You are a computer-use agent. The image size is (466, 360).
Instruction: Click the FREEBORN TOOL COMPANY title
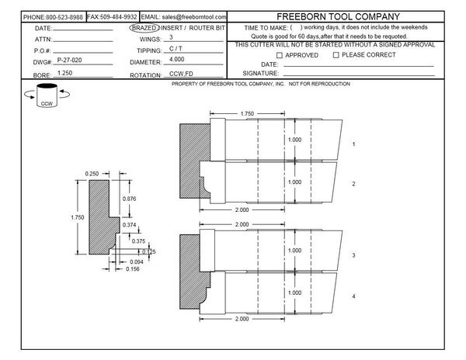(x=338, y=16)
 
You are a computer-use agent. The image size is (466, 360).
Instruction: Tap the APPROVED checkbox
(x=280, y=55)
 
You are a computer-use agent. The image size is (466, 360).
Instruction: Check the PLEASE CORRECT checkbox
(x=336, y=55)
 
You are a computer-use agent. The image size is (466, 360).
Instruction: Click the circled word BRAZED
(x=144, y=28)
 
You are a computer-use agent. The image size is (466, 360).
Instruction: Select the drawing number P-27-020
(x=69, y=60)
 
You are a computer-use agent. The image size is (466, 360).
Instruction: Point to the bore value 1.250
(x=64, y=73)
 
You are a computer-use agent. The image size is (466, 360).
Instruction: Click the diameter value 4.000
(x=177, y=60)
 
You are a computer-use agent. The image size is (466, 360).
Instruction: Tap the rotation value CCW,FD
(x=181, y=74)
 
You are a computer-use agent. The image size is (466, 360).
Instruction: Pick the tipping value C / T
(x=176, y=48)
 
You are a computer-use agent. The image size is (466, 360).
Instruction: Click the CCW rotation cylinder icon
(x=47, y=95)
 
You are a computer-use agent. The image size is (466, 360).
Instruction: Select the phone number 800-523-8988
(x=64, y=17)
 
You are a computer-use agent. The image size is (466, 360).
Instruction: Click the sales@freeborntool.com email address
(x=194, y=17)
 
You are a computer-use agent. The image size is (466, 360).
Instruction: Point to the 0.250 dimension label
(x=92, y=174)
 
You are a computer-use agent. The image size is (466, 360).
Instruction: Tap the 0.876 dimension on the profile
(x=129, y=199)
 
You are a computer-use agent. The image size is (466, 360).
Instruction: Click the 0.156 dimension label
(x=133, y=269)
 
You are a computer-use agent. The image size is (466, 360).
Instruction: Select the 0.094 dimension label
(x=137, y=261)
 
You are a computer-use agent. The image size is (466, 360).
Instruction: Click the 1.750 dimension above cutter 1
(x=247, y=114)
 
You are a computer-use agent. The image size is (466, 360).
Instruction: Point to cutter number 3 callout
(x=353, y=255)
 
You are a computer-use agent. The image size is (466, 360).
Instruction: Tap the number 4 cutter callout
(x=353, y=296)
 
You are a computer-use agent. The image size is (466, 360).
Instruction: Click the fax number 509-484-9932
(x=119, y=17)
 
